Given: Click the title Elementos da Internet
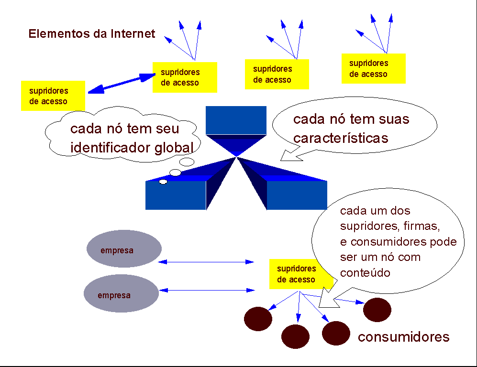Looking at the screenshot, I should point(92,34).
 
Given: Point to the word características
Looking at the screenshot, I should point(341,138).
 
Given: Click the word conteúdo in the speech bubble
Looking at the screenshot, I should point(365,273).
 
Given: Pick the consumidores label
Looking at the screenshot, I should point(403,337).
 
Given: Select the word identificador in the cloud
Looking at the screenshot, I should point(111,147).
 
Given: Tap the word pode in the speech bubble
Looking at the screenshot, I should point(443,241).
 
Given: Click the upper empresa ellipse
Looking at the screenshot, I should point(124,249).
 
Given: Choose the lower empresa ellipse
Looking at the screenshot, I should point(121,293).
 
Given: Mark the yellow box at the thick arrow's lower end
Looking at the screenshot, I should point(53,96).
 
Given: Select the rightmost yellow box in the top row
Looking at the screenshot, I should point(373,68).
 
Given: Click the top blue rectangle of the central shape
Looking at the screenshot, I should point(236,119).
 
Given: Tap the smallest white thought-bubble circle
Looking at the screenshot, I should point(163,182).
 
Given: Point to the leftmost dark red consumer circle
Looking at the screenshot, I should point(258,319).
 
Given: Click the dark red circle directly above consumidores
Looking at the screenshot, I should point(377,310).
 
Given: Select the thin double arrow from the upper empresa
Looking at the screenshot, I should point(206,262).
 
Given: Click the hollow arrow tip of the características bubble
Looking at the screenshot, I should point(288,156).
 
